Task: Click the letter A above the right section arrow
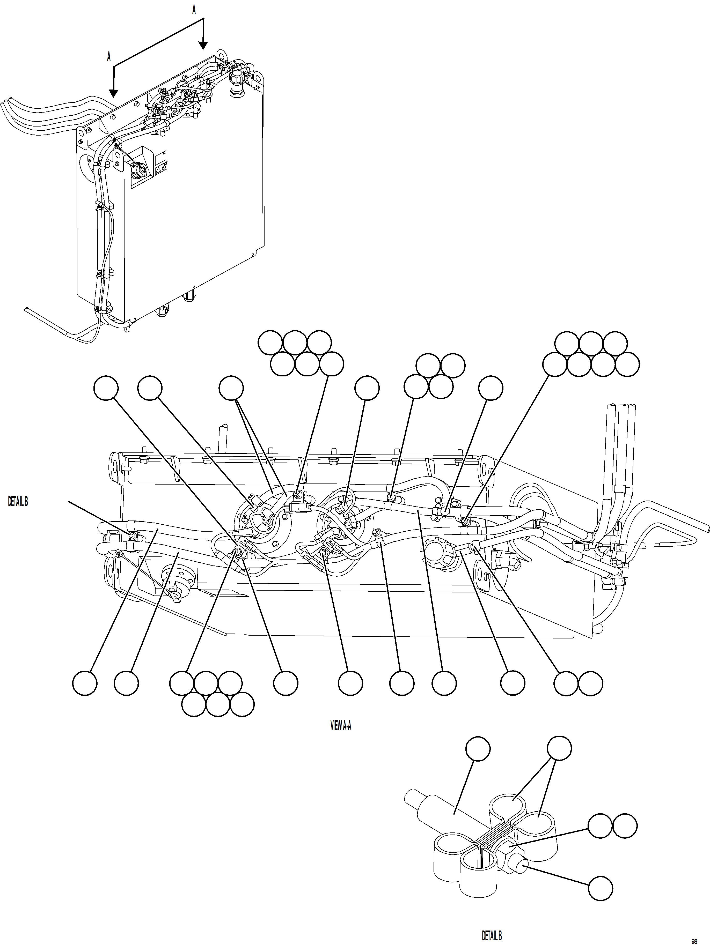(194, 11)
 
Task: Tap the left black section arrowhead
(113, 93)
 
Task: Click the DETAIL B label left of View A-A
(18, 502)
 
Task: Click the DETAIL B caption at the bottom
(492, 936)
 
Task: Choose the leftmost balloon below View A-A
(85, 683)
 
